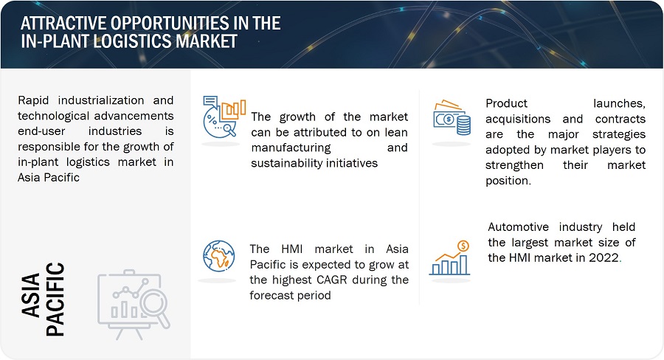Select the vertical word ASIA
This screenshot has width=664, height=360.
(31, 295)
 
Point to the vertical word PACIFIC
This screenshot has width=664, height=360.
(55, 300)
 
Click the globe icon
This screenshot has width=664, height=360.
(218, 256)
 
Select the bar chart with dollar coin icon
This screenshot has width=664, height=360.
(450, 258)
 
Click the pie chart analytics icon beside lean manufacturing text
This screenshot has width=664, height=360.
(224, 117)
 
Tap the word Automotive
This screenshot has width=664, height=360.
(518, 227)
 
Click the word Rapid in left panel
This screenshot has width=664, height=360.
(33, 101)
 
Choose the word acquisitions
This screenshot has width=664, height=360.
(518, 120)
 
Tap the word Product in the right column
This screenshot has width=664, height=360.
(506, 103)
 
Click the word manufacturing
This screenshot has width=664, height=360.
(291, 148)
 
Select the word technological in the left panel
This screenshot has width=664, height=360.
(54, 116)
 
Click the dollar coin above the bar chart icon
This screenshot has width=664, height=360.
(463, 246)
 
